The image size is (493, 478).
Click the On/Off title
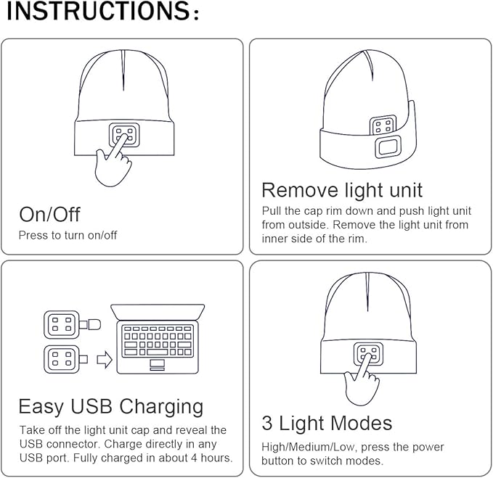coord(49,214)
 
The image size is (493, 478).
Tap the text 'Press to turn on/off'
coord(68,235)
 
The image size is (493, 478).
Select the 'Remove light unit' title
coord(341,190)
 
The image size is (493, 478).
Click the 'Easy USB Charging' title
coord(110,405)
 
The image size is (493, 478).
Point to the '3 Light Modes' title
coord(327,423)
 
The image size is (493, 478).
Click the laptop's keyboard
coord(157,338)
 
